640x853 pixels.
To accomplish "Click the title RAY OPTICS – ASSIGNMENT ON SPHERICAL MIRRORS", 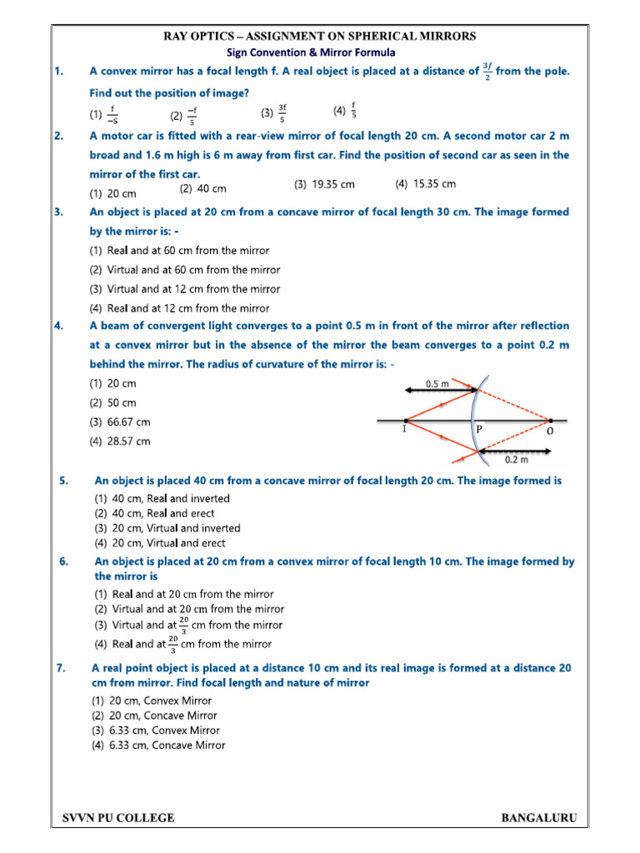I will point(319,36).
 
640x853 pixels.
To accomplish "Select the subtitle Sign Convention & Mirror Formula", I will point(319,52).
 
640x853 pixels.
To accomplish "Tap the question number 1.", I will point(59,72).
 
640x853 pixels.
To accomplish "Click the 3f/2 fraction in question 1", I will point(487,72).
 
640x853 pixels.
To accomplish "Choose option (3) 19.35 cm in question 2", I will point(324,184).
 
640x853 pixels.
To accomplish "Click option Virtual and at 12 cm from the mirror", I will point(184,289).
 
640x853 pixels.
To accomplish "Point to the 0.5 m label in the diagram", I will point(437,384).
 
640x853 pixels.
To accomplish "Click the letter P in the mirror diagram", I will point(478,431).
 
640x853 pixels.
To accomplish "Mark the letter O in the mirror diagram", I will point(549,432).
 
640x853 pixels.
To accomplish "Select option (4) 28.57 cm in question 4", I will point(120,441).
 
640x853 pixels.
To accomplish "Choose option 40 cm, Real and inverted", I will point(162,498).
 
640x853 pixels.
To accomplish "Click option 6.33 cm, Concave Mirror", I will point(157,746).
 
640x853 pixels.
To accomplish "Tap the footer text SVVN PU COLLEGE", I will point(119,818).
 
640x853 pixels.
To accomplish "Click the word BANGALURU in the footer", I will point(538,818).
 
